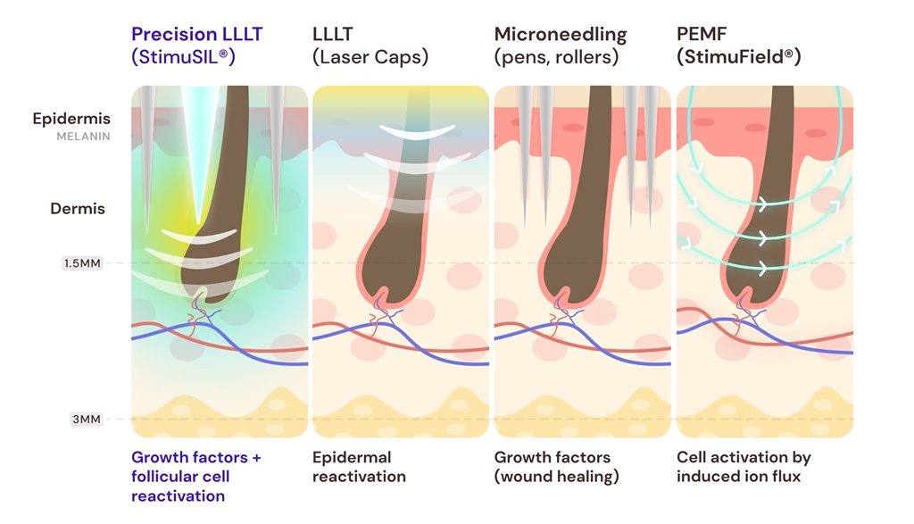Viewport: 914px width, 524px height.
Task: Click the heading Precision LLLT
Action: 196,35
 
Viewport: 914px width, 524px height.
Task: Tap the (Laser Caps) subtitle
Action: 370,57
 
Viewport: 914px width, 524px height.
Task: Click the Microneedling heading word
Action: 560,35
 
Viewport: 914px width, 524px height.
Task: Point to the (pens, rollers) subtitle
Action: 558,57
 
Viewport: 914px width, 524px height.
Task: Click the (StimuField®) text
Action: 738,57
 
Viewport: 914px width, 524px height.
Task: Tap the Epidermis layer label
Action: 71,119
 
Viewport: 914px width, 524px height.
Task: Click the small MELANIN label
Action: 83,137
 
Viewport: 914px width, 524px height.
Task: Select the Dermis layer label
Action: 78,209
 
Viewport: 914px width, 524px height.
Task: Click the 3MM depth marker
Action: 87,419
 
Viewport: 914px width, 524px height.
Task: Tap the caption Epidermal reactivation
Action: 352,466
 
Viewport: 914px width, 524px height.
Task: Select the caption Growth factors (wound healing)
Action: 556,466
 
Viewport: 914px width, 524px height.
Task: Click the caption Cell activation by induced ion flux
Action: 743,466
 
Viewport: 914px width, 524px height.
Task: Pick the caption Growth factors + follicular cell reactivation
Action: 195,476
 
